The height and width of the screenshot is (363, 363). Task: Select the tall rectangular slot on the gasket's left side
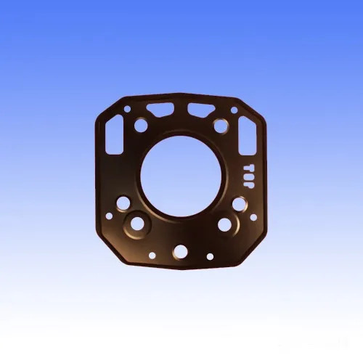coord(114,135)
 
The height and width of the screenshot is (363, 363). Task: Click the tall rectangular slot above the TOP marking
coord(248,136)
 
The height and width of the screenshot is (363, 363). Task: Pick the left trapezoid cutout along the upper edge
coord(160,110)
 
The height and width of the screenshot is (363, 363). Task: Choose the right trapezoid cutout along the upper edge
coord(201,110)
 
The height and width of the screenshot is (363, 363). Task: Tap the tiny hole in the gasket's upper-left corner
coord(127,109)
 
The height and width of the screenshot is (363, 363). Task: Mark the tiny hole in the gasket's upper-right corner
coord(234,110)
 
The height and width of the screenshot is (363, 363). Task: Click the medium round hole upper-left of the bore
coord(141,125)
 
